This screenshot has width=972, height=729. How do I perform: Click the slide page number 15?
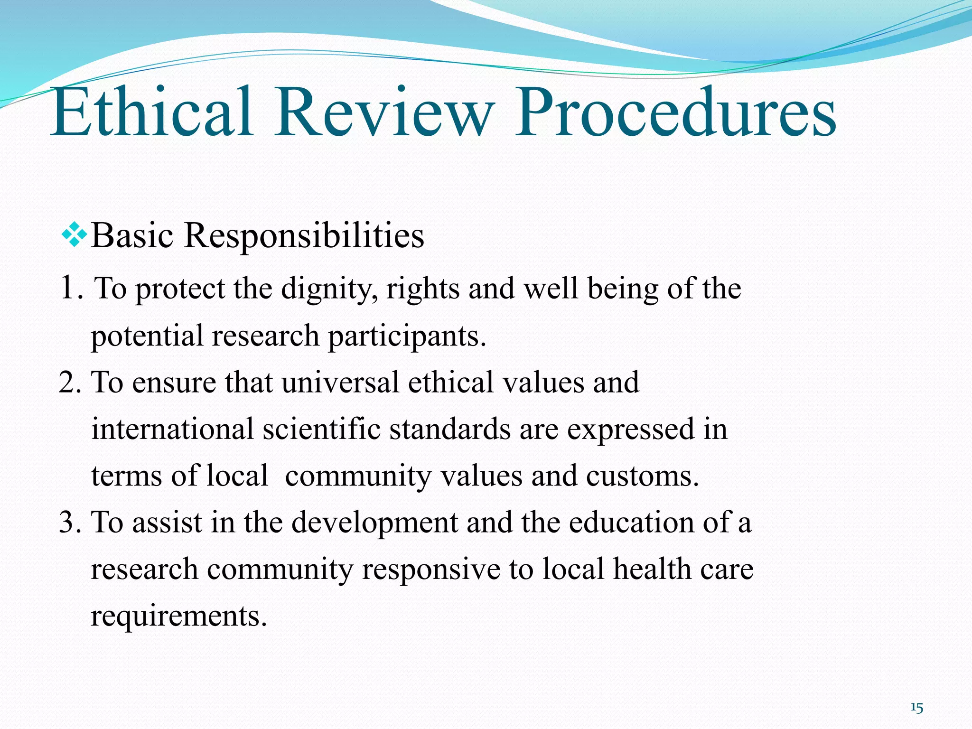click(x=917, y=709)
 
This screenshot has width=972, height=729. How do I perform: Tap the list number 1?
click(x=69, y=288)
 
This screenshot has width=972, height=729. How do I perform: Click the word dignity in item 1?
click(x=329, y=289)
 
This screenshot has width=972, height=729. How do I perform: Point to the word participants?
click(x=407, y=336)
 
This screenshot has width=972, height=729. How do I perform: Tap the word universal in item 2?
click(x=340, y=382)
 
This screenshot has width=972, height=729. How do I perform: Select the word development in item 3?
click(x=374, y=522)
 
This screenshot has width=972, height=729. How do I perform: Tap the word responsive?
click(x=431, y=569)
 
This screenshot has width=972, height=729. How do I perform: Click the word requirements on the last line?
click(x=178, y=616)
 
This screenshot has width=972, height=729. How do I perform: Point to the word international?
click(x=172, y=429)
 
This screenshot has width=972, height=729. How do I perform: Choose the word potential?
click(x=147, y=336)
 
